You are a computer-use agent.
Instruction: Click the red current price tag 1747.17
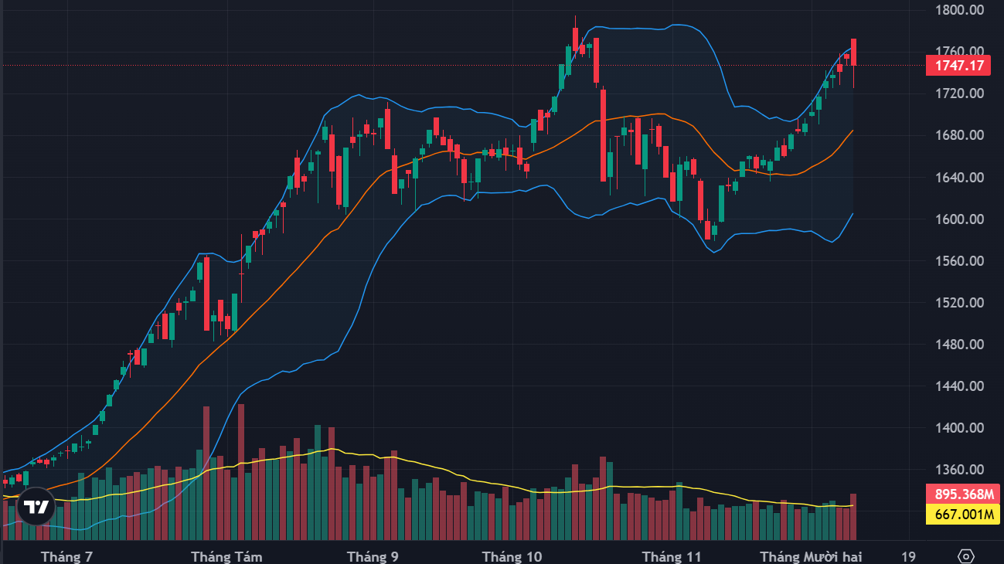click(958, 66)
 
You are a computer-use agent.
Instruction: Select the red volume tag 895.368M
click(958, 494)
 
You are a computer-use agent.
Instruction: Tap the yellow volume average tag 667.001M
click(958, 515)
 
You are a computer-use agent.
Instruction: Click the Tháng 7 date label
click(66, 556)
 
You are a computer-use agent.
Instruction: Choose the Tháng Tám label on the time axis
click(226, 556)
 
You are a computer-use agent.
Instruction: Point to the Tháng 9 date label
click(373, 556)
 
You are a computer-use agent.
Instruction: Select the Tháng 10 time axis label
click(512, 556)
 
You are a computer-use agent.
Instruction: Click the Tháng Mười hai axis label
click(811, 556)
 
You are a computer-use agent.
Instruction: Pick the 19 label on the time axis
click(908, 556)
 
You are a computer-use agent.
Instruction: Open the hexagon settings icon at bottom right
click(966, 556)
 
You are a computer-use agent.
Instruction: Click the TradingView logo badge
click(36, 507)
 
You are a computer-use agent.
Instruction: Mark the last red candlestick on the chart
click(853, 53)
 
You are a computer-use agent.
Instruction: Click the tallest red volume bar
click(241, 471)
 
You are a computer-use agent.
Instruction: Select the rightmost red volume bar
click(853, 516)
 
